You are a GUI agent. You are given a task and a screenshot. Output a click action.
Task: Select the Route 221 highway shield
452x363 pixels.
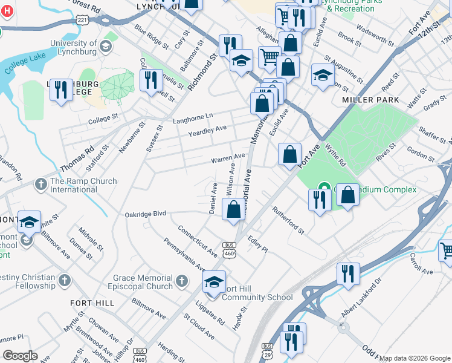coord(83,20)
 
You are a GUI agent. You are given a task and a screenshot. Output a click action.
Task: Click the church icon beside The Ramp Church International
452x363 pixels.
coord(41,183)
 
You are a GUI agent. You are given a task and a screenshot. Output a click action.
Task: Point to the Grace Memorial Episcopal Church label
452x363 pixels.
coord(142,282)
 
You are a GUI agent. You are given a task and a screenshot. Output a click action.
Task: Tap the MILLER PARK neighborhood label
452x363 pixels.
coord(370,99)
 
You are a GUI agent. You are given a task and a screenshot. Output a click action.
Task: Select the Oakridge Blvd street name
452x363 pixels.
coord(145,214)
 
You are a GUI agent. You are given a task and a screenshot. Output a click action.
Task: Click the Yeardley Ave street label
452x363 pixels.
coord(207,129)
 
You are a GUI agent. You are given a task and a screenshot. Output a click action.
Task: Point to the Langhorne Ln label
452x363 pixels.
coord(193,116)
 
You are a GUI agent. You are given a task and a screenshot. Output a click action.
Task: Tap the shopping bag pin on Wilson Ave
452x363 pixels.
coord(234,211)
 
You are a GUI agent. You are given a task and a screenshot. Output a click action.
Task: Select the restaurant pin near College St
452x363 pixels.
coord(60,90)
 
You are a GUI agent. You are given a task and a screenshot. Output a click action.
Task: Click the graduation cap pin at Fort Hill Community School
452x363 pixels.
coord(213,283)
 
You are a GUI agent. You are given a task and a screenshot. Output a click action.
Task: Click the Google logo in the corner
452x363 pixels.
coord(21,356)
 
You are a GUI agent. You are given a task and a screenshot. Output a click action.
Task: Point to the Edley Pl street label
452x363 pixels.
coord(257,244)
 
